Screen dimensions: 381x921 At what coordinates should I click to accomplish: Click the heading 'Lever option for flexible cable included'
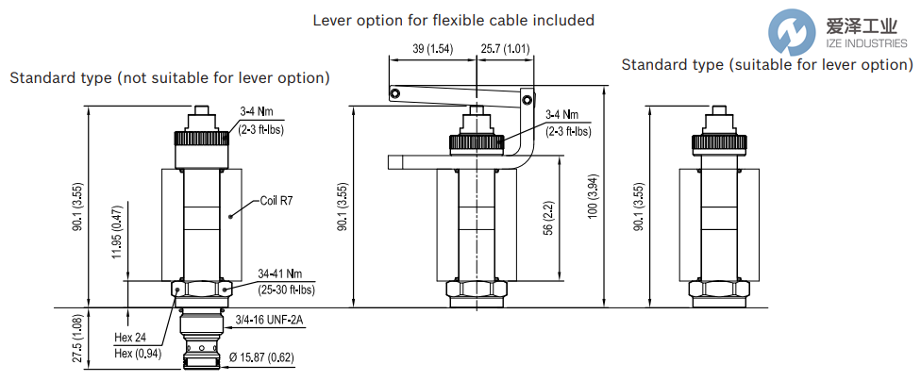tap(454, 20)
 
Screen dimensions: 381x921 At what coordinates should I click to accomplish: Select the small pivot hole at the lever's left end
tap(396, 92)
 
